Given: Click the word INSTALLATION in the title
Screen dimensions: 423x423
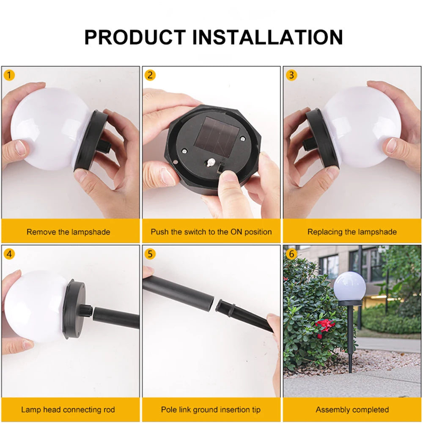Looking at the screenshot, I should click(x=267, y=37).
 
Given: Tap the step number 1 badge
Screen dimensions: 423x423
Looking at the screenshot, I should click(x=9, y=75).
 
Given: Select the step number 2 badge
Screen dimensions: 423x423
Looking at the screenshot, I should click(x=150, y=75).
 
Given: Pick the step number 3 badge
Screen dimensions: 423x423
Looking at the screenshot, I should click(x=291, y=75).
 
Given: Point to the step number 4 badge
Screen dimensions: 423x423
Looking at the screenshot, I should click(x=9, y=254).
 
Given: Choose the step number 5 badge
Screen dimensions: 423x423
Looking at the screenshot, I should click(x=150, y=254).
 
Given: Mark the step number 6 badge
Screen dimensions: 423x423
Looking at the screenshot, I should click(x=291, y=254).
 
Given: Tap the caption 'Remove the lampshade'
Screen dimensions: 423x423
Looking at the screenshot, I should click(x=68, y=232).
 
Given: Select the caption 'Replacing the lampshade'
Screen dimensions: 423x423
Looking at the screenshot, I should click(x=352, y=232).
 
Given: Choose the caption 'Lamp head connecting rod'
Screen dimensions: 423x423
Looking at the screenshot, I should click(x=68, y=409).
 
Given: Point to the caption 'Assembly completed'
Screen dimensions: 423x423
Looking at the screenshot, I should click(x=352, y=409).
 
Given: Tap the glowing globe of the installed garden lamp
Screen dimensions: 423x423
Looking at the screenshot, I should click(x=349, y=287).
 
